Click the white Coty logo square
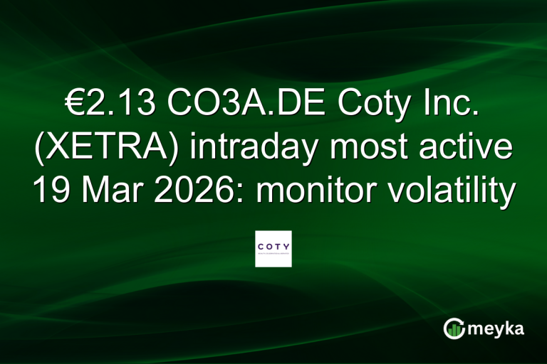tap(273, 248)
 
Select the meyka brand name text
tap(496, 328)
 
